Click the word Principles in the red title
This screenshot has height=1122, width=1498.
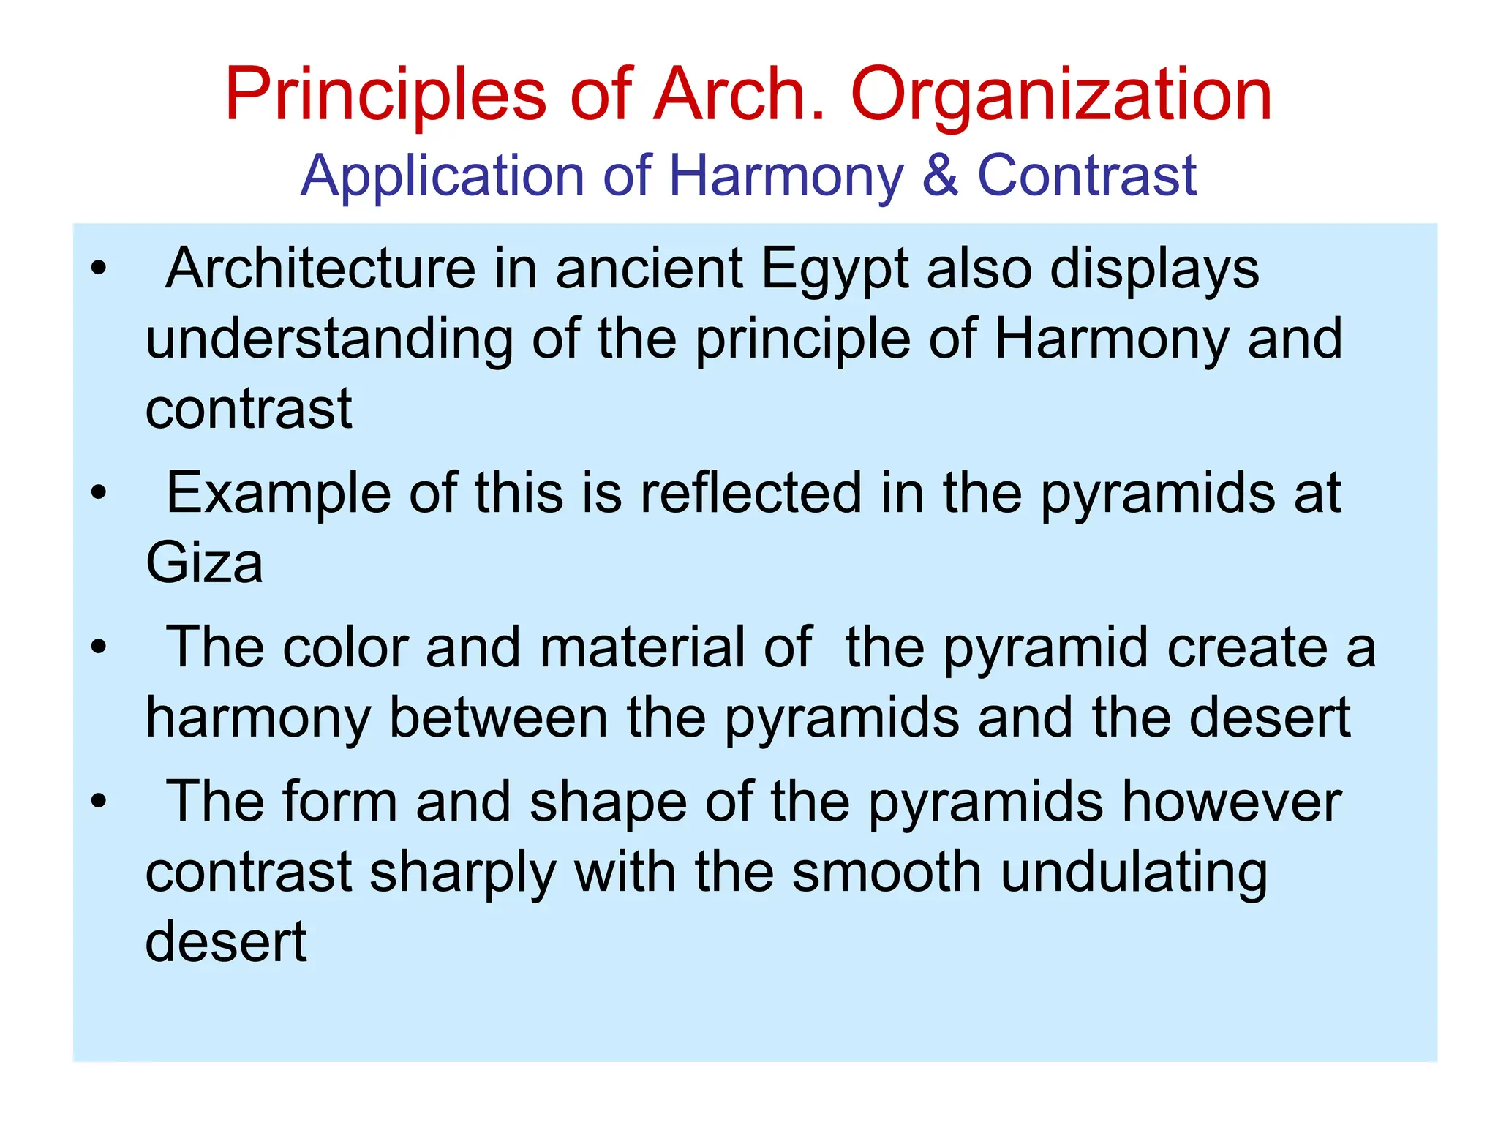[385, 96]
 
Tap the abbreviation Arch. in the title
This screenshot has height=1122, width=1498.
[739, 94]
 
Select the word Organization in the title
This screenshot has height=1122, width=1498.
[1061, 96]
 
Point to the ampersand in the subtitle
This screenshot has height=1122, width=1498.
[940, 176]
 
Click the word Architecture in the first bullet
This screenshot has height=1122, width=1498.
[320, 268]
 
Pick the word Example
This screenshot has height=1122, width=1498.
[279, 494]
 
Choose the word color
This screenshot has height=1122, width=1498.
[345, 647]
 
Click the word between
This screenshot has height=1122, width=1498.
[498, 718]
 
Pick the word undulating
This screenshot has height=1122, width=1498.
[1134, 873]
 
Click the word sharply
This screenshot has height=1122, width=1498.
[462, 873]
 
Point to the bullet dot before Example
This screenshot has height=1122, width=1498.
[99, 493]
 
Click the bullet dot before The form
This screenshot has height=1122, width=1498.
[99, 802]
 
